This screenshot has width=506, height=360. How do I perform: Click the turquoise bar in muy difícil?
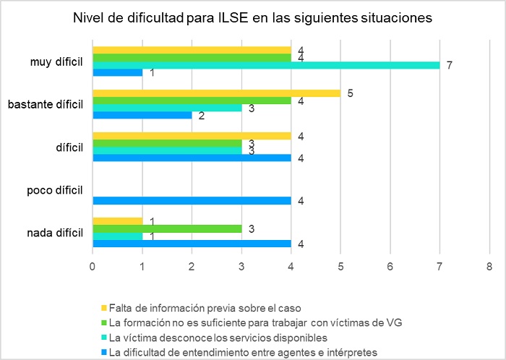point(266,65)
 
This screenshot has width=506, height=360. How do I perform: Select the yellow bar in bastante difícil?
point(217,93)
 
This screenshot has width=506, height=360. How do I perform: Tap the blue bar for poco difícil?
point(192,200)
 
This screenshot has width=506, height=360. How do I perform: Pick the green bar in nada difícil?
point(167,228)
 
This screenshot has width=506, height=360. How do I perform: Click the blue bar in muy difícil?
point(118,72)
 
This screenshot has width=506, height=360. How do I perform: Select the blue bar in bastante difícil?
point(142,115)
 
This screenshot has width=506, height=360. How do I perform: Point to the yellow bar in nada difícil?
point(118,221)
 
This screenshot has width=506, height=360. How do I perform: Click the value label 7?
point(450,66)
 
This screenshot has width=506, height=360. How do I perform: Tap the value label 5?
point(351,93)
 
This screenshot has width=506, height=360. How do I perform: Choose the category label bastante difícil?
point(45,104)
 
